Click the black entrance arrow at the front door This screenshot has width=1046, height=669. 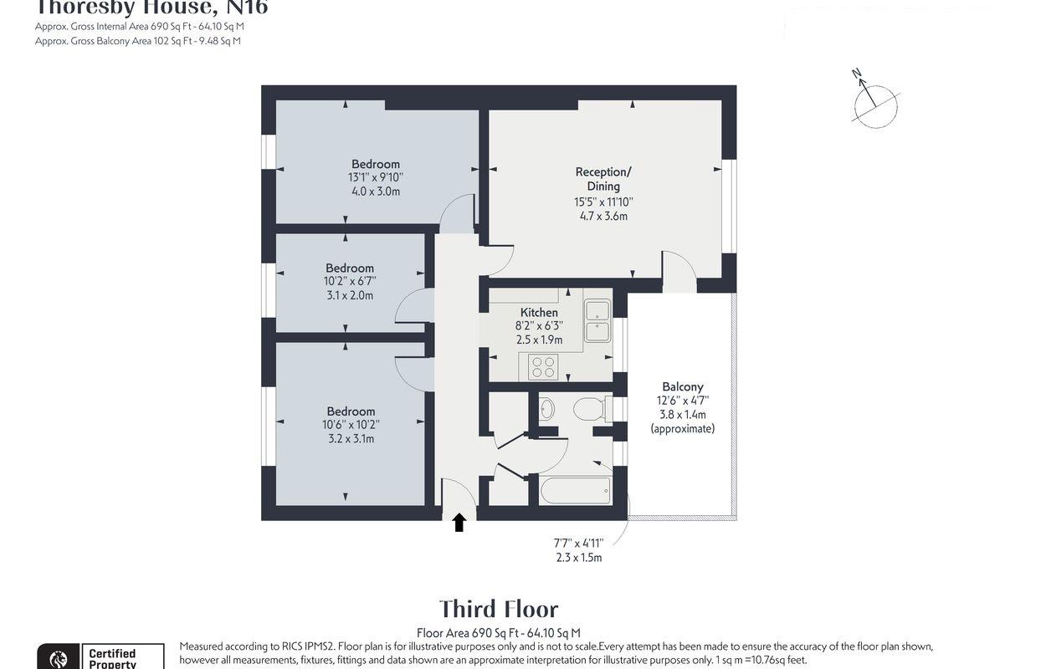(x=459, y=523)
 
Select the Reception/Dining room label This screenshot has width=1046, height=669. (x=603, y=179)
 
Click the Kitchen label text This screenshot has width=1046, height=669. (x=539, y=313)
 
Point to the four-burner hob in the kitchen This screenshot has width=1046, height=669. (x=543, y=367)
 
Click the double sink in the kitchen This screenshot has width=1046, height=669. (x=597, y=320)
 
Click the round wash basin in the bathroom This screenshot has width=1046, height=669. (x=546, y=409)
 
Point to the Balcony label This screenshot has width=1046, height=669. (x=682, y=387)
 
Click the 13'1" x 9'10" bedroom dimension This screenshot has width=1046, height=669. (x=375, y=177)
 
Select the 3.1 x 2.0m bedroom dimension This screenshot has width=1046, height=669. (x=350, y=295)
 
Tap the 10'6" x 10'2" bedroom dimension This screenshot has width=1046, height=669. (x=351, y=425)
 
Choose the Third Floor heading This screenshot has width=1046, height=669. (x=499, y=609)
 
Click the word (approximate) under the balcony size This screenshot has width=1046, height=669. (x=682, y=428)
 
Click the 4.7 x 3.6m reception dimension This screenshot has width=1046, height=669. (x=603, y=216)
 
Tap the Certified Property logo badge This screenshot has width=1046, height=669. (x=100, y=657)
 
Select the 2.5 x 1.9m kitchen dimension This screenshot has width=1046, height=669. (x=539, y=340)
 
